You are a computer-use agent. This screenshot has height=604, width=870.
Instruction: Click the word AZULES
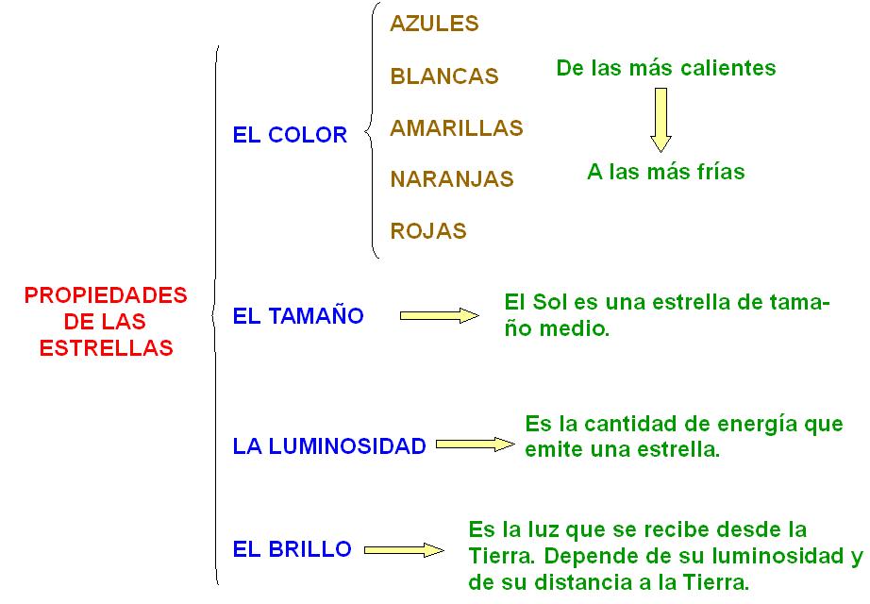pos(434,25)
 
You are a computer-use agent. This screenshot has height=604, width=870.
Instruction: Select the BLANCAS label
pos(443,76)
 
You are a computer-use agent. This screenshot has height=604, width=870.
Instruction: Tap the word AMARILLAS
pos(456,127)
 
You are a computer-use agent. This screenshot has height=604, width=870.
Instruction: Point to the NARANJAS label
pos(451,179)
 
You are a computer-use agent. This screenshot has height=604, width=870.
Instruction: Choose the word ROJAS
pos(427,230)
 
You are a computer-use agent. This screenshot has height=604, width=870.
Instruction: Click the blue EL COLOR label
pos(290,135)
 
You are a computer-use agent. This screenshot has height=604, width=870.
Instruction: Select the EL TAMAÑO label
pos(297,316)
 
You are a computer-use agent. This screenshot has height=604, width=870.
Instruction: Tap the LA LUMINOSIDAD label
pos(329,446)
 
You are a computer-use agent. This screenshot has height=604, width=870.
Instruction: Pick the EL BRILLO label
pos(292,548)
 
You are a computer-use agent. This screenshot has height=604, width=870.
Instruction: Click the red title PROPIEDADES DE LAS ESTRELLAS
pos(106,321)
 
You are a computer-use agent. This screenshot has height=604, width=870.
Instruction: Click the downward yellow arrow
pos(661,119)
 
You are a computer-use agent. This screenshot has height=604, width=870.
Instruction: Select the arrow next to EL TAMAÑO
pos(440,316)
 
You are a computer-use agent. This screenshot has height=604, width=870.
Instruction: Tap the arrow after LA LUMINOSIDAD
pos(476,445)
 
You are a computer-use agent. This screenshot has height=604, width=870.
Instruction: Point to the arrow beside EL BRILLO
pos(403,549)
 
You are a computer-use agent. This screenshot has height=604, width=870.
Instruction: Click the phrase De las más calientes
pos(665,68)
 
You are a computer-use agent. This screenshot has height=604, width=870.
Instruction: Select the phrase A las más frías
pos(665,172)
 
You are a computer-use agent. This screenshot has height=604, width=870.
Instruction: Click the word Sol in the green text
pos(551,303)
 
